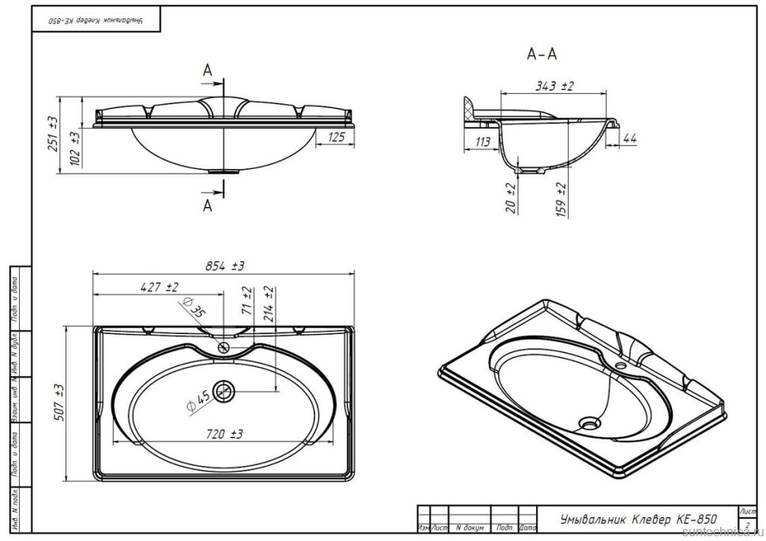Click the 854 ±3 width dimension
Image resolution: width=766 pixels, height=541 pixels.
point(226,265)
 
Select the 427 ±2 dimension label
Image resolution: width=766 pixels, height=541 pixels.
point(160,287)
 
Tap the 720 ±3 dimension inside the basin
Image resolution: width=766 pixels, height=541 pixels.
point(225,434)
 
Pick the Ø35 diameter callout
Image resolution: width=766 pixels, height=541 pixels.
point(194,306)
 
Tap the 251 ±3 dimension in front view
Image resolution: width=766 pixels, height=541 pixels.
point(53,133)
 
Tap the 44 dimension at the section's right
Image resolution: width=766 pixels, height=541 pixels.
point(629,139)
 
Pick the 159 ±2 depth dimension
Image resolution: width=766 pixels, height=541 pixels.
point(561,198)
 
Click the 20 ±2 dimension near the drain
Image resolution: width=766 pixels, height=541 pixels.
point(511,197)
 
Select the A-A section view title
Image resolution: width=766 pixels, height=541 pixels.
point(542,54)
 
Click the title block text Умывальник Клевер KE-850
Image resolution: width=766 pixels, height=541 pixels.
point(638,520)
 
